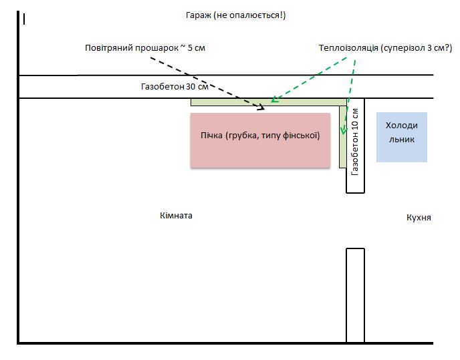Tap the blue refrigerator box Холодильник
click(401, 137)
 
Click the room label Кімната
click(177, 216)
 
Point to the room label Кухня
click(419, 218)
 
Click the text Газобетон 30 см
click(170, 87)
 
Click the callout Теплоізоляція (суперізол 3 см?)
click(386, 48)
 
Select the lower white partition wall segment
click(355, 294)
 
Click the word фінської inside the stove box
click(304, 136)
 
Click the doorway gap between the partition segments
click(355, 220)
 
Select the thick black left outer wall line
click(19, 200)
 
